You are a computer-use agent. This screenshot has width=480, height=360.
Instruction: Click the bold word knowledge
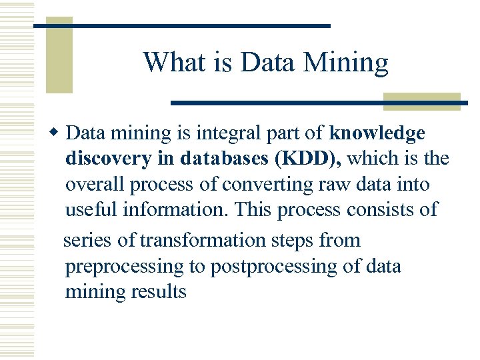(x=377, y=133)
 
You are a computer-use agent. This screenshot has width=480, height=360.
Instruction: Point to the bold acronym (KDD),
(x=311, y=159)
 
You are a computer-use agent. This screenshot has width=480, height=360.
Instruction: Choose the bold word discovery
(x=107, y=159)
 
